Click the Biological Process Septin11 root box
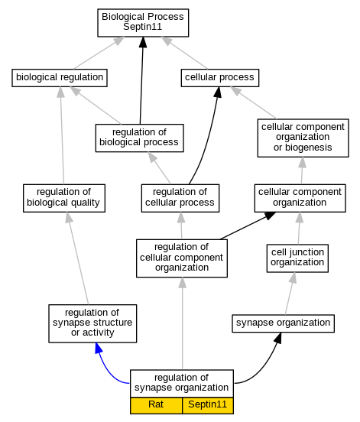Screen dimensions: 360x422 pos(143,23)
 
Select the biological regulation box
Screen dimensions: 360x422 pos(60,78)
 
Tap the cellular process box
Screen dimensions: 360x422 pos(220,78)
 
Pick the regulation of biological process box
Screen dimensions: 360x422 pos(139,138)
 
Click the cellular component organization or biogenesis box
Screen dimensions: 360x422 pos(303,138)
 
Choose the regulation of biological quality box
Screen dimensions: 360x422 pos(64,198)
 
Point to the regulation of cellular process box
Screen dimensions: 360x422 pos(180,198)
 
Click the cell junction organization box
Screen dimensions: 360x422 pos(297,258)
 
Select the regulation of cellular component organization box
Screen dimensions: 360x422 pos(182,258)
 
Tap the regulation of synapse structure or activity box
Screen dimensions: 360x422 pos(92,323)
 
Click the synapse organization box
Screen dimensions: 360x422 pos(283,323)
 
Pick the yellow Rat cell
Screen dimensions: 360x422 pos(156,405)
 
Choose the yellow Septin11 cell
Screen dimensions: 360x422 pos(208,405)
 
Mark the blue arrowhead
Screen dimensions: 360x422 pos(99,348)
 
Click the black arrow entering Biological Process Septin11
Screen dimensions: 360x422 pos(141,80)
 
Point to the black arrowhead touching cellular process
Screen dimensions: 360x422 pos(218,92)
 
